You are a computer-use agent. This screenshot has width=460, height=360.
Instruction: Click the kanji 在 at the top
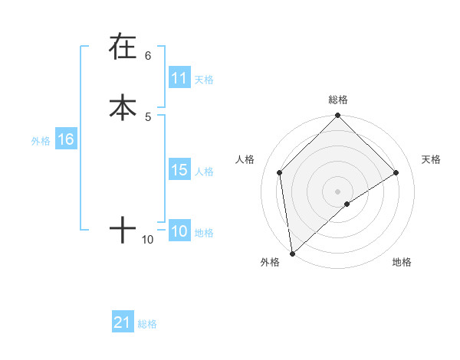[123, 47]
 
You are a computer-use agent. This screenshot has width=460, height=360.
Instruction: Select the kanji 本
[123, 106]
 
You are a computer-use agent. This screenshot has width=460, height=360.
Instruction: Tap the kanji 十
[123, 229]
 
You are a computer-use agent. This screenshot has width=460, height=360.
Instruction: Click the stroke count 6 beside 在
[148, 55]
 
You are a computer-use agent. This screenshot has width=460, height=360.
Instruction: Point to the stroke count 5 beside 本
[148, 116]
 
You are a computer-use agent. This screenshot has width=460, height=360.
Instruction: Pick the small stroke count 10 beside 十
[148, 240]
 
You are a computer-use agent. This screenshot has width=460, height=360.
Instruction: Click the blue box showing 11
[179, 78]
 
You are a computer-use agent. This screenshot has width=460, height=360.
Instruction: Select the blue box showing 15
[179, 170]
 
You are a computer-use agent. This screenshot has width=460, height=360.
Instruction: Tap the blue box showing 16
[65, 139]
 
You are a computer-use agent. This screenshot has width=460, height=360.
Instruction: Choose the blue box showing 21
[123, 322]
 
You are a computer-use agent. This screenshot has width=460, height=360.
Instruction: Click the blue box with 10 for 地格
[179, 231]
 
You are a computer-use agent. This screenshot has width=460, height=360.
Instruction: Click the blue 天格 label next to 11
[204, 80]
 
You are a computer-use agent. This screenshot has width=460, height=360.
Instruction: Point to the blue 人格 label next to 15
[204, 172]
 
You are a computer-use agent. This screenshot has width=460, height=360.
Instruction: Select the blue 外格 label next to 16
[41, 141]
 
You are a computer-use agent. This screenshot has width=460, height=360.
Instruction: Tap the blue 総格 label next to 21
[147, 324]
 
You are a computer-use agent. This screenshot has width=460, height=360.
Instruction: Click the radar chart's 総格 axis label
[338, 100]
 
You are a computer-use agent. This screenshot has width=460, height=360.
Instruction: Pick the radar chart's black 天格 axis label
[432, 159]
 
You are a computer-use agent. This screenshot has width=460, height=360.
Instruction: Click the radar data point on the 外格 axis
[292, 254]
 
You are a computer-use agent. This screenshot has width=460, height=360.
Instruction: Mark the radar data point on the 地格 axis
[347, 204]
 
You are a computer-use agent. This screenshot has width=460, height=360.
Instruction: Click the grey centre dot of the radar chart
[338, 191]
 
